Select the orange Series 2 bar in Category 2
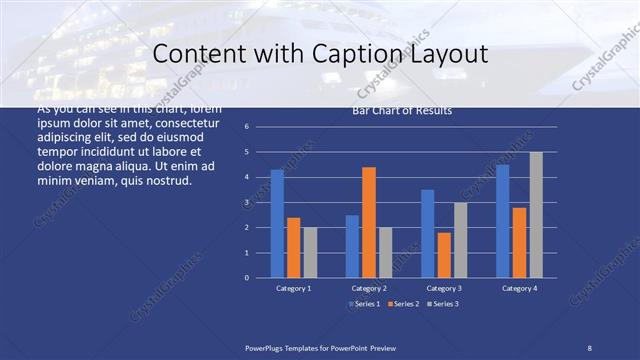pyautogui.click(x=368, y=222)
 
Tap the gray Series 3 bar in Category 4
pyautogui.click(x=536, y=215)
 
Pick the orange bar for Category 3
pyautogui.click(x=443, y=255)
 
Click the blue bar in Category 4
pyautogui.click(x=502, y=221)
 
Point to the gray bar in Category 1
pyautogui.click(x=310, y=252)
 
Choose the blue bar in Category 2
pyautogui.click(x=352, y=246)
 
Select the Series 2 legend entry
pyautogui.click(x=402, y=303)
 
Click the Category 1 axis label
pyautogui.click(x=293, y=288)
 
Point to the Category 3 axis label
pyautogui.click(x=443, y=288)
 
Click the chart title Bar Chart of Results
pyautogui.click(x=402, y=111)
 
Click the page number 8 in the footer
pyautogui.click(x=589, y=347)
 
